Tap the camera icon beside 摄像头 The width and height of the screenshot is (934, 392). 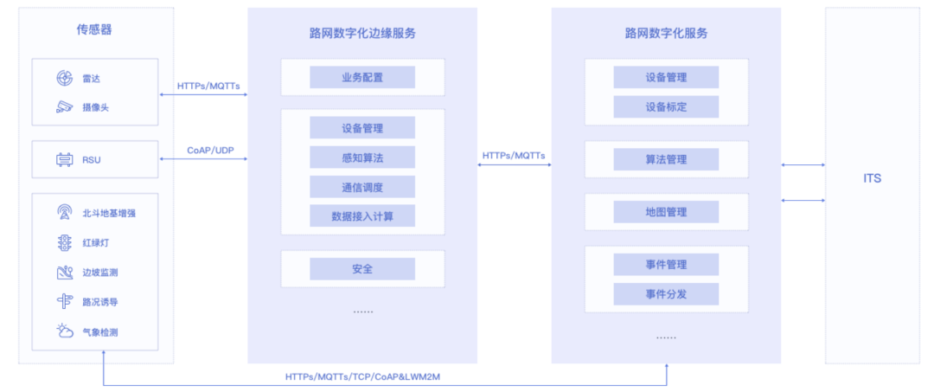point(65,107)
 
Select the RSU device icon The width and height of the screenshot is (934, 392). point(65,160)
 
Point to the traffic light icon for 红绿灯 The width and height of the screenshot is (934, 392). point(65,242)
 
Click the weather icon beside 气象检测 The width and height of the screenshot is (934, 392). point(65,331)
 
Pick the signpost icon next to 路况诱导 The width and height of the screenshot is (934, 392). point(65,301)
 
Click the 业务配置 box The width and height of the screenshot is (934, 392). point(362,78)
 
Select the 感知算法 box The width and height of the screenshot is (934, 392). point(362,157)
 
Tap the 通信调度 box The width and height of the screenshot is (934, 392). point(362,187)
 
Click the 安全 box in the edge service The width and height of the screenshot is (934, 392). point(362,269)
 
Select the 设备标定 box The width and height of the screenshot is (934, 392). point(666,106)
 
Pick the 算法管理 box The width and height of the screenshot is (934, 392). point(666,159)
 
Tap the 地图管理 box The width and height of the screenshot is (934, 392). point(666,212)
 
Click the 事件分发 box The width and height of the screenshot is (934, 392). point(666,293)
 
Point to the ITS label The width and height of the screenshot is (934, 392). point(872,178)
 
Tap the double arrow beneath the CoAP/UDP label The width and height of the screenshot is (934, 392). point(204,159)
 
